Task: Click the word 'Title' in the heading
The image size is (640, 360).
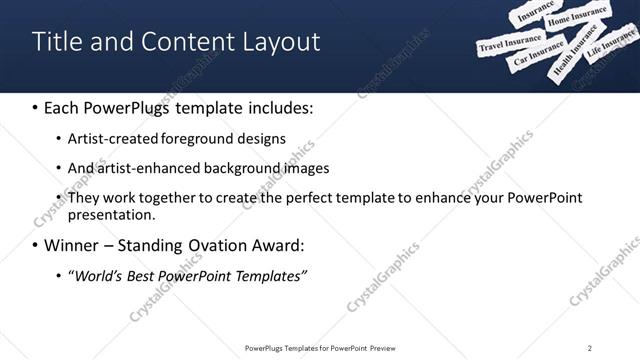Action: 55,41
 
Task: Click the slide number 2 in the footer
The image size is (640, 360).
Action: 589,348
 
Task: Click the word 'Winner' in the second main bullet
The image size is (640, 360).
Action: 77,245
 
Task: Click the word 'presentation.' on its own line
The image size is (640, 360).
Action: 111,214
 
